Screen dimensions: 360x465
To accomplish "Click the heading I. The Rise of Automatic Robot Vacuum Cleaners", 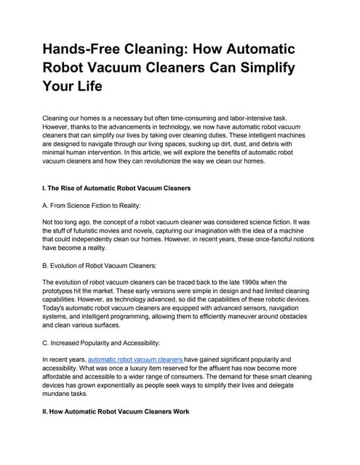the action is [117, 188].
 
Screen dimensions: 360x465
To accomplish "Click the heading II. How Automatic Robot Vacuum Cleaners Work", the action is [116, 411].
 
